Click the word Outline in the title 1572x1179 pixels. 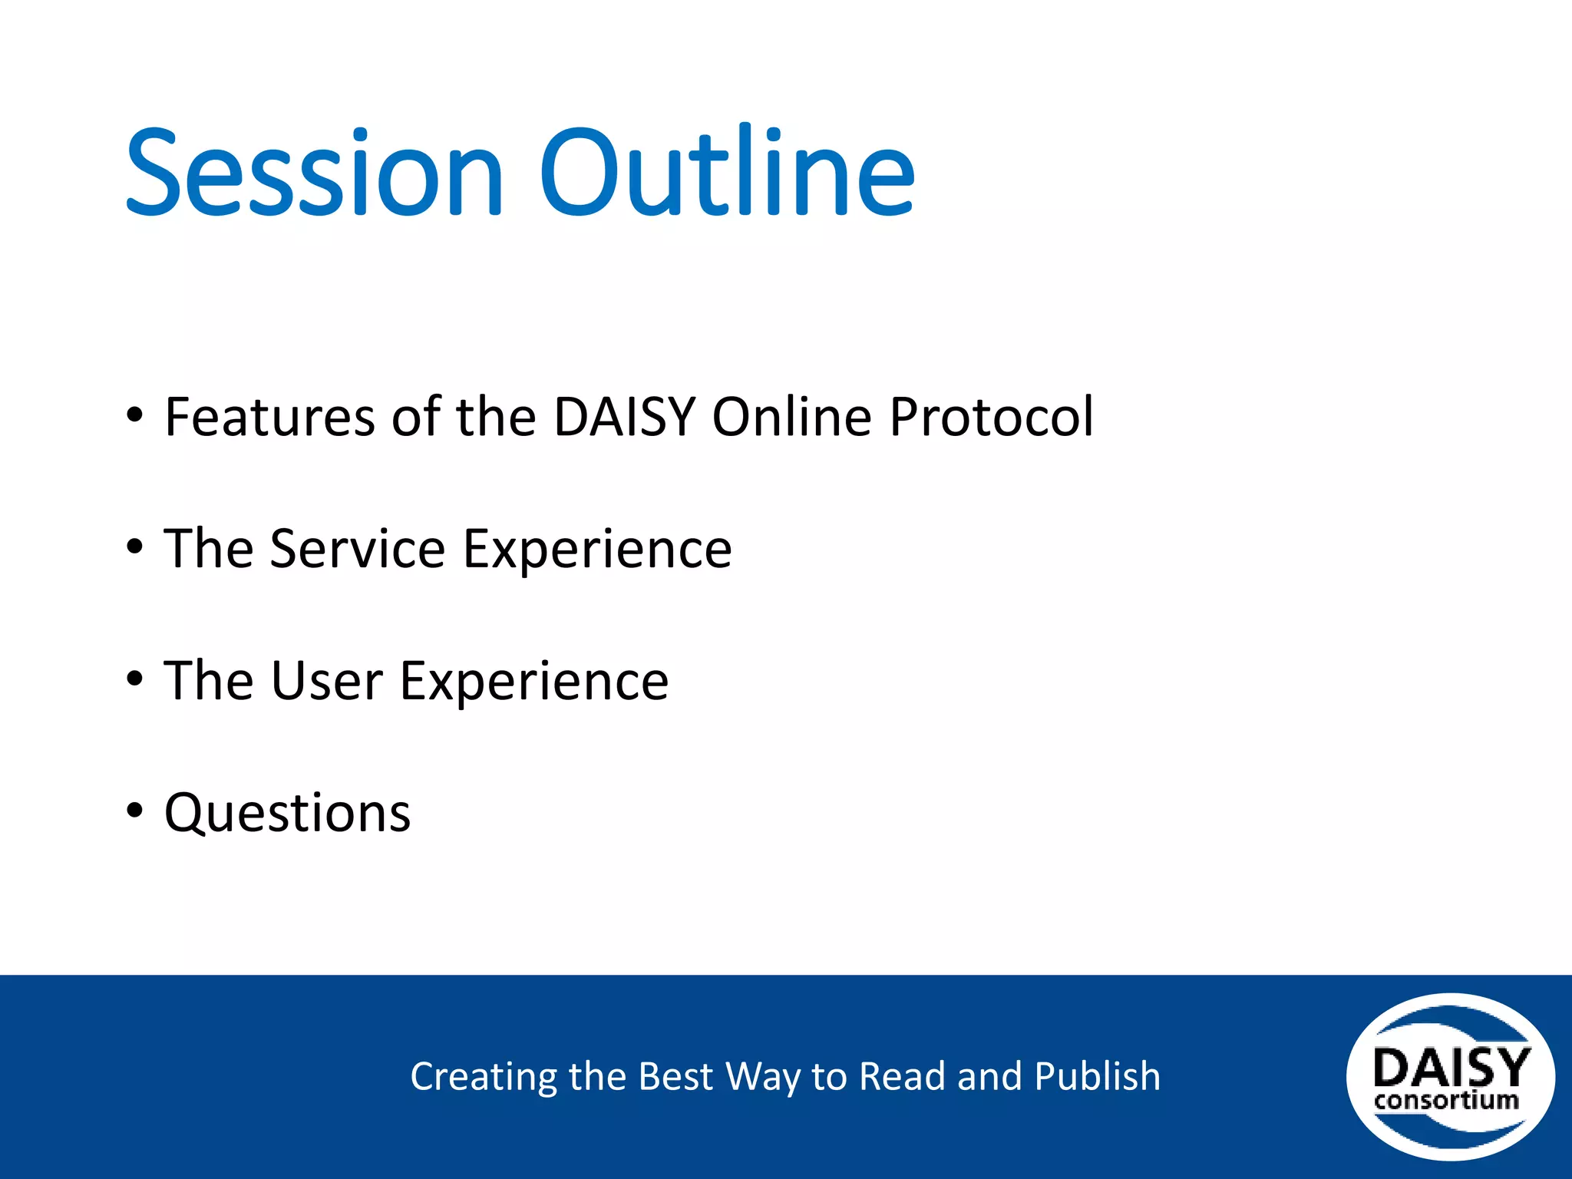728,169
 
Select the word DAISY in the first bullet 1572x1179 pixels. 624,417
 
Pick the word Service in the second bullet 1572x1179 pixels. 358,550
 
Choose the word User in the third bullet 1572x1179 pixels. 326,682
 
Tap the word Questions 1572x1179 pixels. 288,814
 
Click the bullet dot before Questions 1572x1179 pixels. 135,811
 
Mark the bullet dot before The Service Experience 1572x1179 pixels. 135,547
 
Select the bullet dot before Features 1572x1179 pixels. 135,415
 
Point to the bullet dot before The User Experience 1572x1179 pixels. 135,679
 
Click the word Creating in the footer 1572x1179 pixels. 484,1077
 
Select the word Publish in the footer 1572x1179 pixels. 1098,1076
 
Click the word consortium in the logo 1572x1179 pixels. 1447,1101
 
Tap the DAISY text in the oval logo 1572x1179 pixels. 1451,1066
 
